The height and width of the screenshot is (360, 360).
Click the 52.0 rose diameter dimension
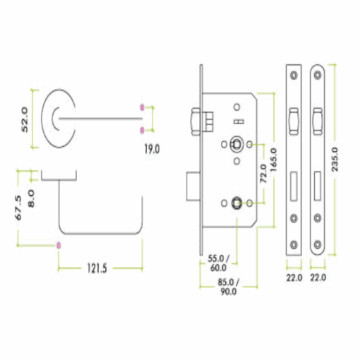coord(25,119)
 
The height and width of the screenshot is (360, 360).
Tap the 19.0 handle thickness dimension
coord(152,149)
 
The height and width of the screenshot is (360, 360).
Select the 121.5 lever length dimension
coord(97,268)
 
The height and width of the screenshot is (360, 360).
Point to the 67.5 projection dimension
coord(18,208)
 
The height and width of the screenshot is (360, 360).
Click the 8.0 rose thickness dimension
coord(31,198)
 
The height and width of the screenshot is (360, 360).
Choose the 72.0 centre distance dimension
coord(264,174)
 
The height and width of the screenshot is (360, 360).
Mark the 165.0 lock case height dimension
coord(274,160)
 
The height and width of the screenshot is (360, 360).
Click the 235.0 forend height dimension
coord(335,160)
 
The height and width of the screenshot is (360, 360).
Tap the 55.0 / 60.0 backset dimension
coord(218,263)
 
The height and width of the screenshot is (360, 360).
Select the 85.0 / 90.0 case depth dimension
coord(228,287)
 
